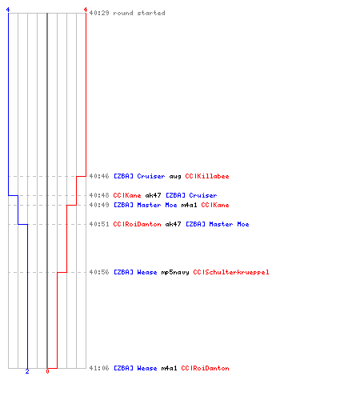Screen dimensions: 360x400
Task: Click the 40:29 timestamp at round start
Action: [99, 13]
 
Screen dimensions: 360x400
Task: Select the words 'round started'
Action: [139, 13]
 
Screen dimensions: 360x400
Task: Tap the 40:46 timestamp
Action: [99, 176]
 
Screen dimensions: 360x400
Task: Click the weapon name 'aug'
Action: [175, 177]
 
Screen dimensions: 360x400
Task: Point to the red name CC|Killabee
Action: [207, 176]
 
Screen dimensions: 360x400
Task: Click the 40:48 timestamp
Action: [99, 195]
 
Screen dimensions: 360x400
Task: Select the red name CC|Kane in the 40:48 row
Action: [127, 195]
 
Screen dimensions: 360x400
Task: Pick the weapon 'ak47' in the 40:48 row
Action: [154, 195]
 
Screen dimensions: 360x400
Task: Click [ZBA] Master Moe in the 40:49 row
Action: [146, 205]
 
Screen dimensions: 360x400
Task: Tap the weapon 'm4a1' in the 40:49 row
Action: [189, 205]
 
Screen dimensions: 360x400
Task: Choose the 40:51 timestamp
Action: [99, 224]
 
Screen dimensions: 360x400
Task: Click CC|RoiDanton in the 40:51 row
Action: [138, 224]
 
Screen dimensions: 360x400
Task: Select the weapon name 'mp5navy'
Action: [175, 273]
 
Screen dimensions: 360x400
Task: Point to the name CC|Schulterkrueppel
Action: [231, 272]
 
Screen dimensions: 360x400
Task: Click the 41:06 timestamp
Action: [99, 368]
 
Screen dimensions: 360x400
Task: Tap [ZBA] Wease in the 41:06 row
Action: [135, 368]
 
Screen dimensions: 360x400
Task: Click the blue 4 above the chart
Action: [8, 10]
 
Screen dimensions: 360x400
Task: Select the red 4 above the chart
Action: [86, 10]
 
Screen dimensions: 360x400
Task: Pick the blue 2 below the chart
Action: [27, 371]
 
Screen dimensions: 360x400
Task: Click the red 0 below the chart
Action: [47, 371]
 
